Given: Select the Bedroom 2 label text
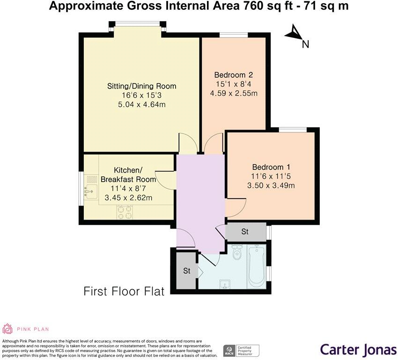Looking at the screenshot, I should [x=234, y=75].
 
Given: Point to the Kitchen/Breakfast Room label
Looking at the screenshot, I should [x=128, y=175].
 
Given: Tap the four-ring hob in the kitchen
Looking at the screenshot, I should [x=125, y=213].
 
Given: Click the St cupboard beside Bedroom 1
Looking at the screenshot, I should [x=245, y=231].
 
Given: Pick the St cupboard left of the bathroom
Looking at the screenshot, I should [x=186, y=271].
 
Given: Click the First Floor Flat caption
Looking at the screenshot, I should [x=124, y=292].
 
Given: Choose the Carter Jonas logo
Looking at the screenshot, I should [x=358, y=349].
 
